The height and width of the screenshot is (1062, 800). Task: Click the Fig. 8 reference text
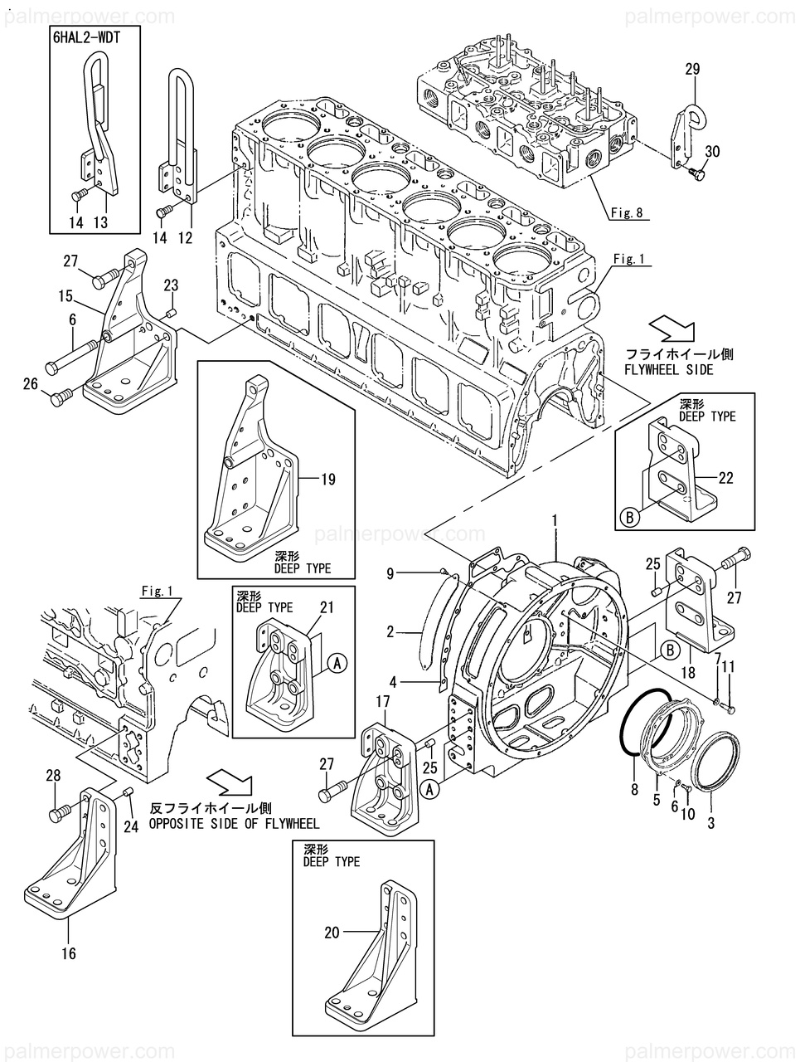point(627,212)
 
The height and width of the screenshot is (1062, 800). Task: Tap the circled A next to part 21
point(336,662)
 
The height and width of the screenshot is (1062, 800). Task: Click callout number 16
point(69,954)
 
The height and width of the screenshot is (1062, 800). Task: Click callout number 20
point(332,933)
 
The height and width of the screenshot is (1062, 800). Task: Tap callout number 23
point(171,285)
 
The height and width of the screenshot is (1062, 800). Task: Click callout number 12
point(185,237)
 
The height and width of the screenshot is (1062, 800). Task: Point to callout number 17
point(382,701)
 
